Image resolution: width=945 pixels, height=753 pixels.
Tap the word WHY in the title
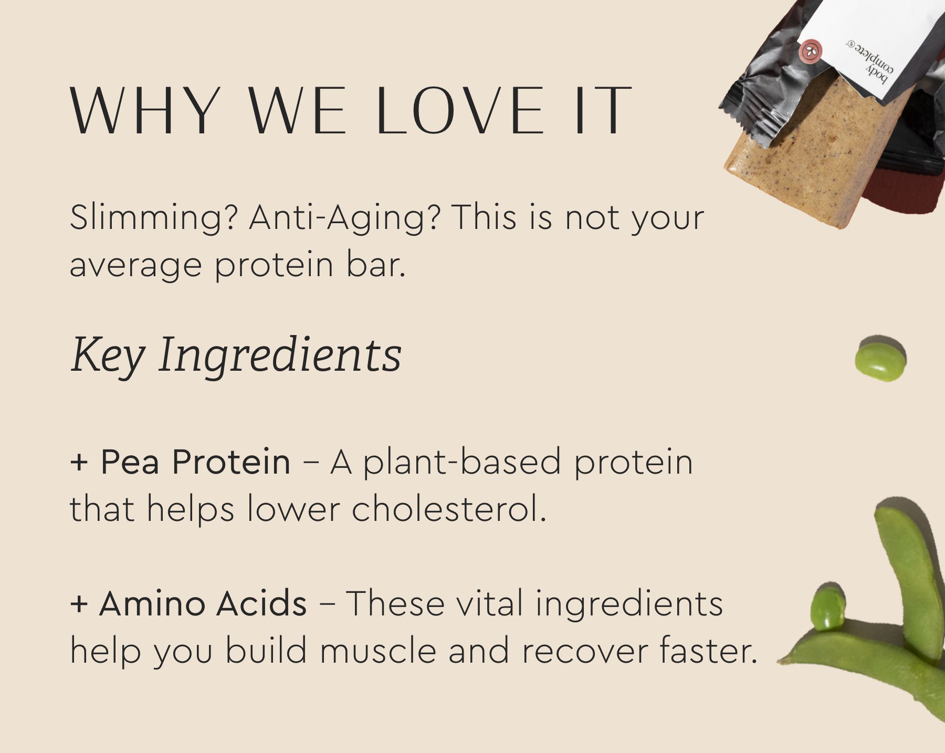145,111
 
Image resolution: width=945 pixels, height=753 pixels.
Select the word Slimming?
154,217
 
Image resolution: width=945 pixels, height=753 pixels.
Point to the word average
135,266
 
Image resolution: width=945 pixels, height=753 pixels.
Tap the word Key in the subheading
108,355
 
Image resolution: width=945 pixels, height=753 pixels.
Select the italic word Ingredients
280,355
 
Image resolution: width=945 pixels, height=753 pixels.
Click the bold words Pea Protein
195,462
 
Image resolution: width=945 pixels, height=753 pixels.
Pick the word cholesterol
449,509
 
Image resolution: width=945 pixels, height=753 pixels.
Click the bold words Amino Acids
203,603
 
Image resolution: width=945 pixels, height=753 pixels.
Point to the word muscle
378,651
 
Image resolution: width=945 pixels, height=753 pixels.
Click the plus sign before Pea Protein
79,463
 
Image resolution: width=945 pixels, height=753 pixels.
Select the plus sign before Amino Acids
79,604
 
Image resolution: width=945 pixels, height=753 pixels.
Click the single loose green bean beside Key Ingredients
880,358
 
